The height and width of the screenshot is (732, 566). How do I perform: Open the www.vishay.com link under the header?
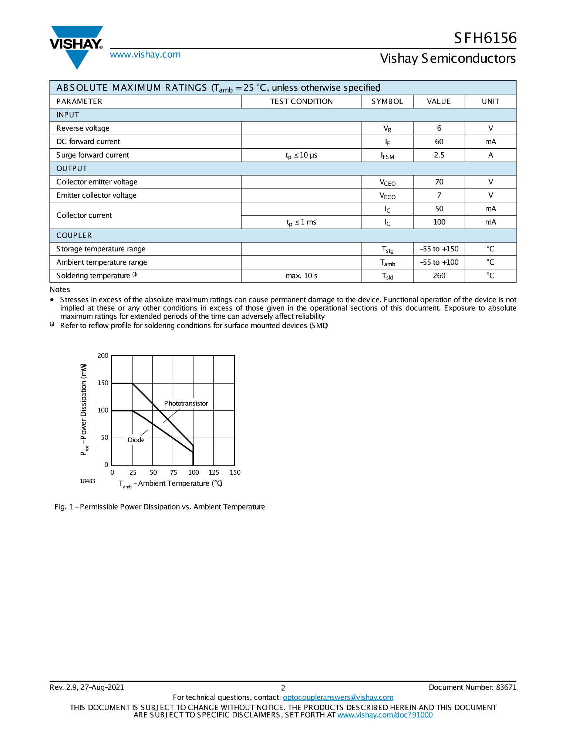point(145,55)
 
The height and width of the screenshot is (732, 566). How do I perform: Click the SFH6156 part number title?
point(485,38)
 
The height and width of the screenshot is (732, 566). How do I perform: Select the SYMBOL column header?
point(387,102)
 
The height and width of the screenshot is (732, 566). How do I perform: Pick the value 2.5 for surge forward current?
point(439,155)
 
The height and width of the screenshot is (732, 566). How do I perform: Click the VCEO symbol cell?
point(387,182)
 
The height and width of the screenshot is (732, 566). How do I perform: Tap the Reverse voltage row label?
point(83,128)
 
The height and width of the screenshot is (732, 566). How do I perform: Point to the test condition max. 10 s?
point(301,276)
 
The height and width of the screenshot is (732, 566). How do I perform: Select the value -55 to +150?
point(439,249)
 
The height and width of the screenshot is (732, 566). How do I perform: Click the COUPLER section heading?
point(74,235)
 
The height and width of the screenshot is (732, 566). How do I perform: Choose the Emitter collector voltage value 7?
point(439,195)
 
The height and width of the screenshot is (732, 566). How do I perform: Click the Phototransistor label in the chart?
point(186,403)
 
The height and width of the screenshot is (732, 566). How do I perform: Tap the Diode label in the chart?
point(136,440)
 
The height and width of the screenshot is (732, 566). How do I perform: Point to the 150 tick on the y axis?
point(103,383)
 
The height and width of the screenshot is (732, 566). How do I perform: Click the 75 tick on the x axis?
point(173,472)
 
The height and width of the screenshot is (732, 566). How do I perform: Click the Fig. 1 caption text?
point(159,507)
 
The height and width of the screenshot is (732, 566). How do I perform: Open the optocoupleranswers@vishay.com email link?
point(338,698)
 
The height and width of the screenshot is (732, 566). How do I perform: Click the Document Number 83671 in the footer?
point(472,687)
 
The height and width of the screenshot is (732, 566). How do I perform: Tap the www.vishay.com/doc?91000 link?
point(385,715)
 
